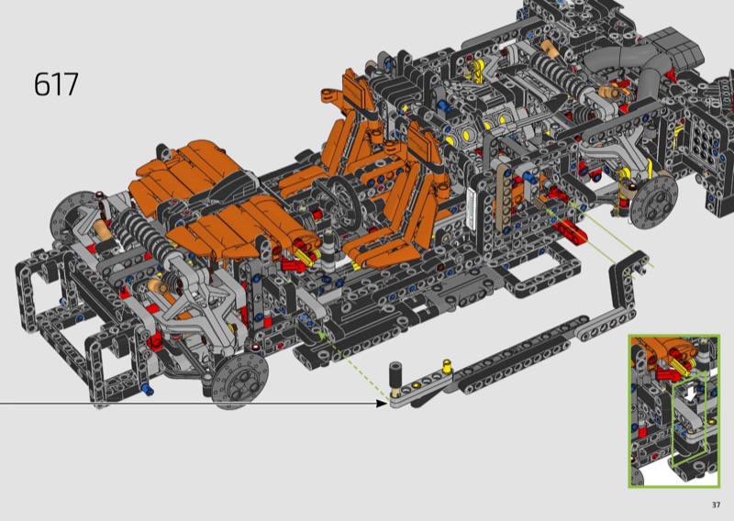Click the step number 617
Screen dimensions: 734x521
click(56, 84)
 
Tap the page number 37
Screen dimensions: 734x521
click(716, 504)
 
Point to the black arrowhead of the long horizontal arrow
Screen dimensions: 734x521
click(383, 403)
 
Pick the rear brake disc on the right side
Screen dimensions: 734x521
click(654, 202)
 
